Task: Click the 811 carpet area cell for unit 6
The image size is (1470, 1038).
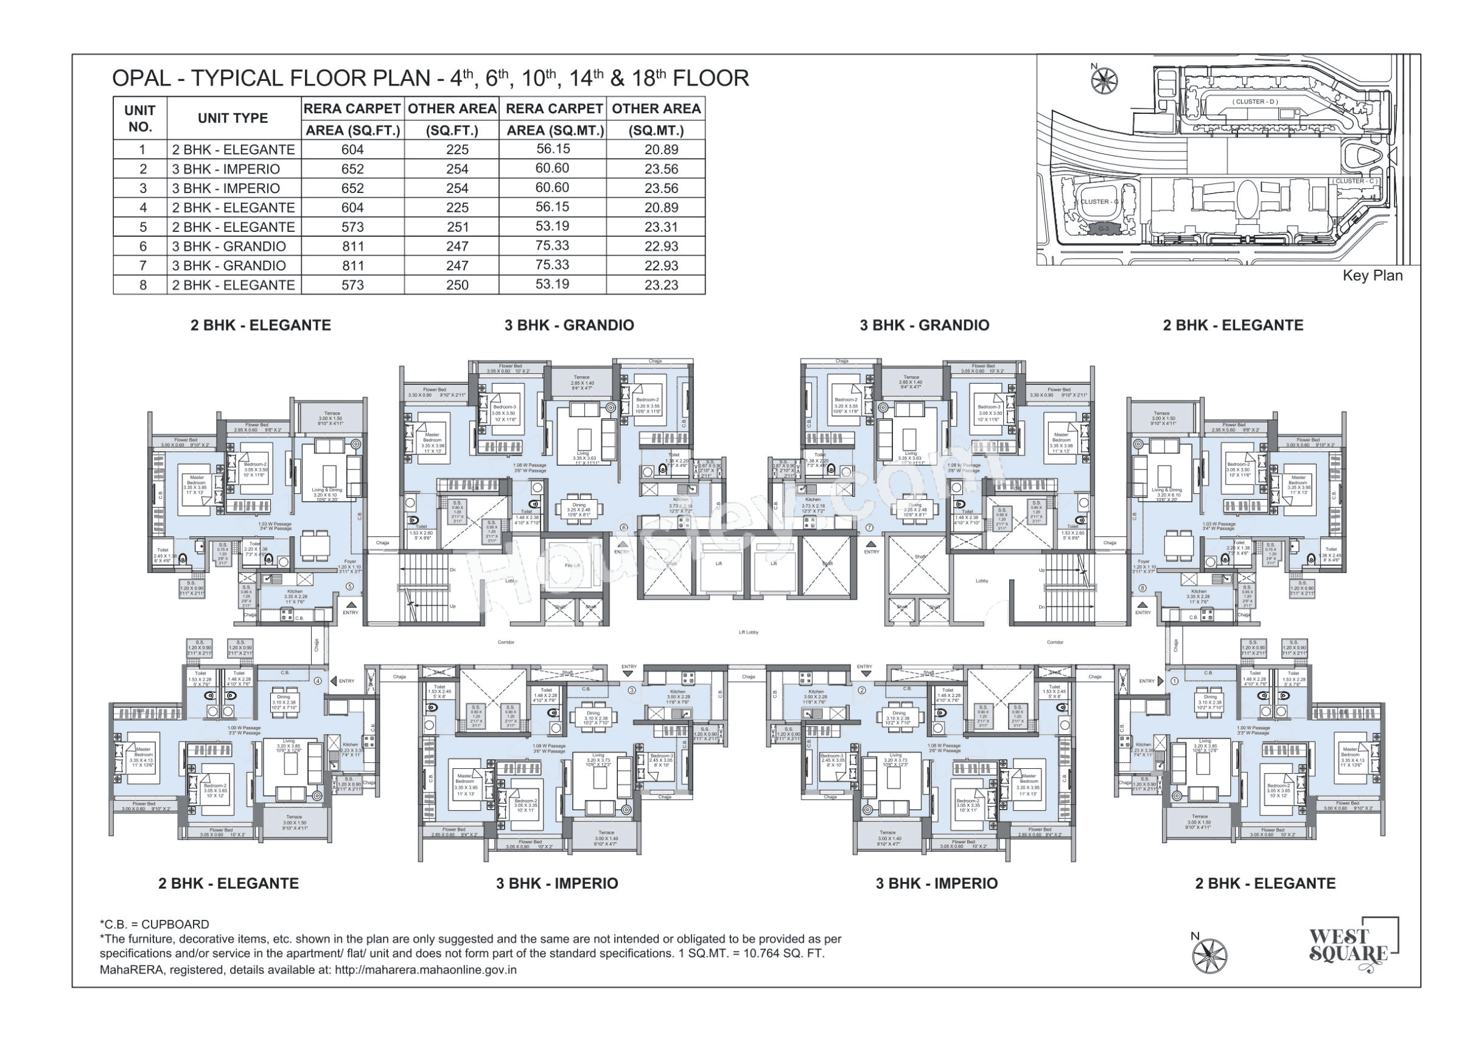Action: tap(352, 247)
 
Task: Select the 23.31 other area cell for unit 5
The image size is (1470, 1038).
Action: tap(662, 227)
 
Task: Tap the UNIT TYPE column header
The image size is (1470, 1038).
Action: tap(233, 118)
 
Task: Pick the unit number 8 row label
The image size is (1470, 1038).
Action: tap(143, 285)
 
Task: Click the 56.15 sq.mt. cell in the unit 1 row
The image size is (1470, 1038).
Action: tap(553, 149)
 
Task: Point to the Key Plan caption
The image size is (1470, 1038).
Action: tap(1372, 276)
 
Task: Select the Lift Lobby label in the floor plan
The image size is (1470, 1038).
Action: tap(748, 633)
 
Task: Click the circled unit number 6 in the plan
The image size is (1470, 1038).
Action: tap(623, 528)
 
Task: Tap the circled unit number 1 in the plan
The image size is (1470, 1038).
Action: tap(1174, 681)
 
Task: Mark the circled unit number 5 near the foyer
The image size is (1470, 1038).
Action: tap(349, 586)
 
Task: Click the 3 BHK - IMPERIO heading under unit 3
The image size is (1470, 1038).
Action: tap(556, 884)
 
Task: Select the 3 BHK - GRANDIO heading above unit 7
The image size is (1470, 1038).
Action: tap(924, 325)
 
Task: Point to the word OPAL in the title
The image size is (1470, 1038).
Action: tap(141, 79)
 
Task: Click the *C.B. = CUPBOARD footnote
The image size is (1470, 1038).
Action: tap(154, 924)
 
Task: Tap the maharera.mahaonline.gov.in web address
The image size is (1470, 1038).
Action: tap(425, 969)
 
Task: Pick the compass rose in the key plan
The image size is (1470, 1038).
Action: tap(1104, 79)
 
